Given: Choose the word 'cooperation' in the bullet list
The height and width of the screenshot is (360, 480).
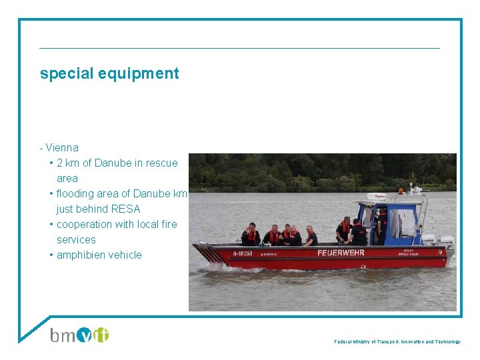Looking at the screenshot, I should point(84,224).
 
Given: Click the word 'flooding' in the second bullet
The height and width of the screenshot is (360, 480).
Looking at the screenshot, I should point(77,193).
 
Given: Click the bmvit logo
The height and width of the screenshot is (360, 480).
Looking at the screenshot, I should point(79,334).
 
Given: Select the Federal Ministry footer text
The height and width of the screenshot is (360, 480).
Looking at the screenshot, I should point(397,341).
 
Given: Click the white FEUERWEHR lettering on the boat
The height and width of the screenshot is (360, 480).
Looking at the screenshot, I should point(341,253).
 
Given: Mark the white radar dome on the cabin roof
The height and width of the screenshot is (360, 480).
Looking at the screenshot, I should point(381,197).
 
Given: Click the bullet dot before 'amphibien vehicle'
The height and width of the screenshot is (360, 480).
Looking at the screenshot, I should point(51,255).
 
